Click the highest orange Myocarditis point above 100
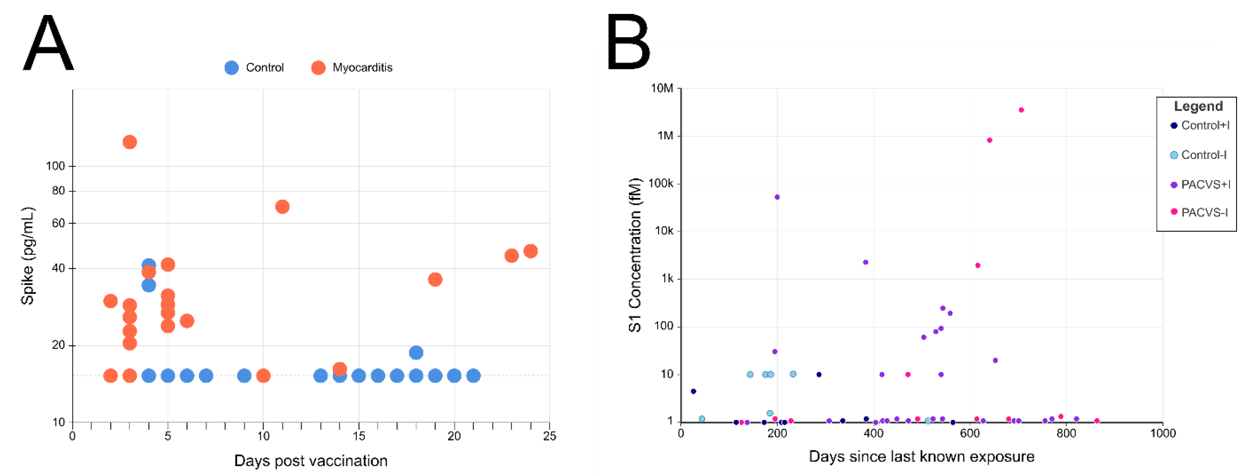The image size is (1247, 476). click(x=129, y=142)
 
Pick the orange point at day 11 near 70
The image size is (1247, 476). click(x=282, y=207)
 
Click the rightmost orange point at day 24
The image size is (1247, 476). click(x=531, y=251)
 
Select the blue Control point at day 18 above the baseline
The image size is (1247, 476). click(x=416, y=352)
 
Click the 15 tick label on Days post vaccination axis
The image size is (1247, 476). click(x=358, y=436)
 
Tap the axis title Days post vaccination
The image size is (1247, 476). click(x=311, y=461)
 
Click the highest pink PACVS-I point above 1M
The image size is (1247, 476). click(x=1021, y=110)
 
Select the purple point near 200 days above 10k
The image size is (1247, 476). click(x=777, y=197)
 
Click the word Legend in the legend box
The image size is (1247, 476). click(x=1198, y=106)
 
